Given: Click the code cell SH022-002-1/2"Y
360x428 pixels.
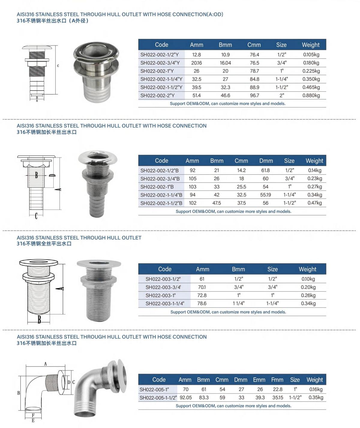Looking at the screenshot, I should click(x=159, y=55).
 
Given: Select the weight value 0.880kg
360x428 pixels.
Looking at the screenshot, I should click(x=311, y=95).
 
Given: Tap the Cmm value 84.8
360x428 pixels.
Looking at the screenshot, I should click(x=254, y=79).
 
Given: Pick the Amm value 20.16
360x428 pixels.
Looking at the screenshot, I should click(x=196, y=63).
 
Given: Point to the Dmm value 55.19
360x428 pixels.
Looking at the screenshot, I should click(x=265, y=195).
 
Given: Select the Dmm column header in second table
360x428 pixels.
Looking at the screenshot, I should click(x=266, y=161).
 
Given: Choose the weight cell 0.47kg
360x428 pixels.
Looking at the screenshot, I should click(x=314, y=203).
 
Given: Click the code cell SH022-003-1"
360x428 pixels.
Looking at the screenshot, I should click(x=160, y=295).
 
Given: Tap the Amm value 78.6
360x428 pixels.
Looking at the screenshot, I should click(x=202, y=303).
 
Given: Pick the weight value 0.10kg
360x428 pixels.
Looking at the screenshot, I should click(x=308, y=279).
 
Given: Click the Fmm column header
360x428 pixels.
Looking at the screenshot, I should click(x=277, y=380).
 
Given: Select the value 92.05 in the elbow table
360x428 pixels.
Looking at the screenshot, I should click(x=186, y=397).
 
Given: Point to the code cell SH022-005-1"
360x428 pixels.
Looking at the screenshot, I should click(x=154, y=389).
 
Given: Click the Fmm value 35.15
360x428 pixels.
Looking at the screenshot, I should click(x=277, y=397).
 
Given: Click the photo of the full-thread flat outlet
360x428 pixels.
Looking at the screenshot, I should click(x=99, y=289).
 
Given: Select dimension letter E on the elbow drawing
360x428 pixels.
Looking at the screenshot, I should click(x=33, y=421).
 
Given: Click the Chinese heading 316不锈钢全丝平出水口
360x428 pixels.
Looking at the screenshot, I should click(x=44, y=244).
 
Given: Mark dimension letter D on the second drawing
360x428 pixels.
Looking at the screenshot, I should click(x=50, y=175).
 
